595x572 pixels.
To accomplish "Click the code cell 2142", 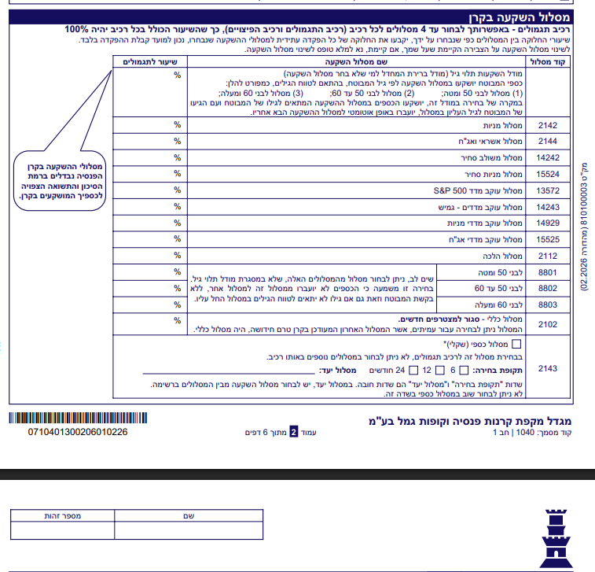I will tap(547, 124).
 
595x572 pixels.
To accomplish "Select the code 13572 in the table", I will tap(547, 190).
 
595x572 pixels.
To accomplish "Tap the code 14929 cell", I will tap(547, 223).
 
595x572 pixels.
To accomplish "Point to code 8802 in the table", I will tap(547, 289).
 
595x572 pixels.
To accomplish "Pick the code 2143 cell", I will tap(547, 367).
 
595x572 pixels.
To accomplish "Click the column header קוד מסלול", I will tap(548, 61).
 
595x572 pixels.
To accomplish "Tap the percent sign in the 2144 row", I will tap(178, 141).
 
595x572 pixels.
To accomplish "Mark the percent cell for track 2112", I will tap(178, 256).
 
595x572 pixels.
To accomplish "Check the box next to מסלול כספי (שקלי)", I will tap(516, 344).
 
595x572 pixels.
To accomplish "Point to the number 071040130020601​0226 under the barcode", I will tap(77, 433).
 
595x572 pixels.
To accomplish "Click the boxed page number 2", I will tap(294, 432).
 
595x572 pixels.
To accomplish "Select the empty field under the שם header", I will tap(188, 531).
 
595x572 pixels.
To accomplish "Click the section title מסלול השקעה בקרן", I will tap(535, 15).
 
